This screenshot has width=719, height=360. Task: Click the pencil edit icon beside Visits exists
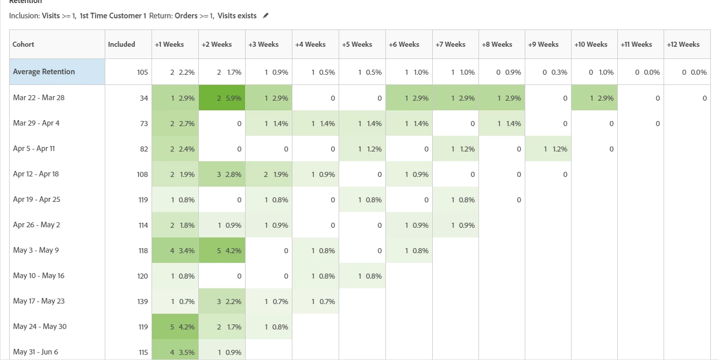[265, 16]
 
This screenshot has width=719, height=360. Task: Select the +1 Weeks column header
[169, 44]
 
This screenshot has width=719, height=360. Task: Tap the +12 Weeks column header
[683, 44]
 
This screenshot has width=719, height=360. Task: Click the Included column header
[122, 44]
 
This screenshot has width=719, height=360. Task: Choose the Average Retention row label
[44, 72]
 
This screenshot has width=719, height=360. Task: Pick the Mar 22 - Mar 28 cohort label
[39, 98]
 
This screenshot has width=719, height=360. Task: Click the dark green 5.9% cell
[222, 98]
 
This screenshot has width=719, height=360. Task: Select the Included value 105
[142, 72]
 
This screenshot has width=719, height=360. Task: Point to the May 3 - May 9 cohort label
[36, 250]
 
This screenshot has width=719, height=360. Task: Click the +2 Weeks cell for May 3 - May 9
[222, 250]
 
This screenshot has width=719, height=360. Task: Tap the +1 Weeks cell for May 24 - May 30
[175, 326]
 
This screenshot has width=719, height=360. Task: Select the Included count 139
[142, 302]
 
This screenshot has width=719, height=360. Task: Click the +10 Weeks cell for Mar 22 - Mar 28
[594, 98]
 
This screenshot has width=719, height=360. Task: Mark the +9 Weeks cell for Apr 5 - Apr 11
[548, 149]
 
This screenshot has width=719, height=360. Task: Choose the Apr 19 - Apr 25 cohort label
[37, 199]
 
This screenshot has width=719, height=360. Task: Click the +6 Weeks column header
[404, 44]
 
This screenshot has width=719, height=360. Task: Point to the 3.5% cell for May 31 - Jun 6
[175, 352]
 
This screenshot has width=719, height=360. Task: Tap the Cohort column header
[24, 44]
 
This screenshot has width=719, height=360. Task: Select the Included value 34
[143, 98]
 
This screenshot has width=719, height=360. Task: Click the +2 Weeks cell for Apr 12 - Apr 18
[222, 174]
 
